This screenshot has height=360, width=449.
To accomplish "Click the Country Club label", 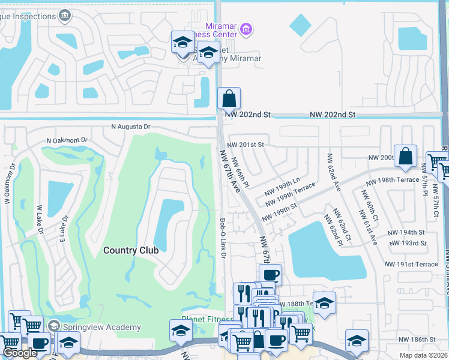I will pos(130,250).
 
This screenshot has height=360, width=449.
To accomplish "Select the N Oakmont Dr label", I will pos(67,140).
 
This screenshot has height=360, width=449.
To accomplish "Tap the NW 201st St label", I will pos(246,145).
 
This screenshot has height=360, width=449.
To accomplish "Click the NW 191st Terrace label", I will pos(412,264).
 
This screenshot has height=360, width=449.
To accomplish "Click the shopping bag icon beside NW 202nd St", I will pos(229,98).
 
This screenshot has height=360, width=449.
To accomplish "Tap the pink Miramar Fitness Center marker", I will pos(246,28).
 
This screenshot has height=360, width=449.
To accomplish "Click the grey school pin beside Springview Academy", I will pos(53,326).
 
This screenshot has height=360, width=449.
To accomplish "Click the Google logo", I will pos(20,353).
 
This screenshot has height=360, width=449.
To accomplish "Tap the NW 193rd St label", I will pos(407,243).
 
